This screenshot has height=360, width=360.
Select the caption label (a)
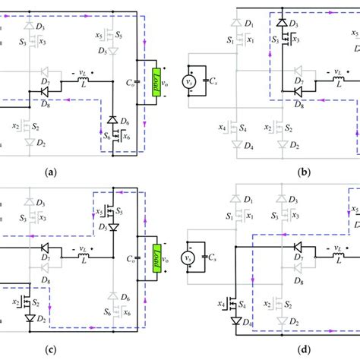[x=51, y=172]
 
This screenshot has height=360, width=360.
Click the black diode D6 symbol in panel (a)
[x=112, y=121]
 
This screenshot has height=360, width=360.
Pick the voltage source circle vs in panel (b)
[x=191, y=81]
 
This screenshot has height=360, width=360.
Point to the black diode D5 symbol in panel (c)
[x=112, y=227]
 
